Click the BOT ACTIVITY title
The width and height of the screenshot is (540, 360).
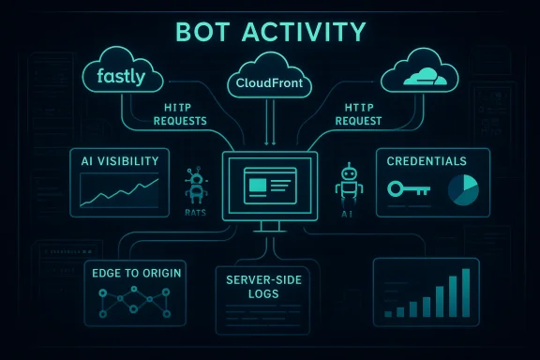tap(270, 34)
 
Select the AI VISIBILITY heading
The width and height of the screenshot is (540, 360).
tap(120, 161)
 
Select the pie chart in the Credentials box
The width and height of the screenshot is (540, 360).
tap(461, 188)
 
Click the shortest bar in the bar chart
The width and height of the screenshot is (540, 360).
tap(388, 312)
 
